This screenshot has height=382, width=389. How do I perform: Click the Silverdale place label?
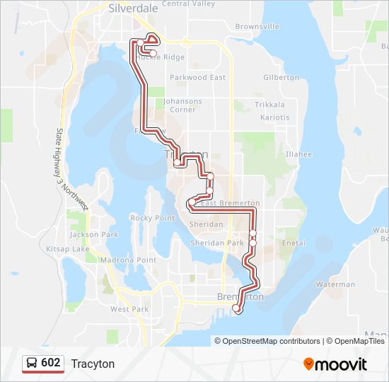pos(134,9)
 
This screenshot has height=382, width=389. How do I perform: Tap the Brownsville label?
pos(257,26)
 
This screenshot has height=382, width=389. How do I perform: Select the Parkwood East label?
pos(198,77)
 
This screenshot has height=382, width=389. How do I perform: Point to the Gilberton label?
pos(281,77)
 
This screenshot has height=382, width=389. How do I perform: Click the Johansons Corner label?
pos(182,105)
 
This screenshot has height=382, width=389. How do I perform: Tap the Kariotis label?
pos(274,117)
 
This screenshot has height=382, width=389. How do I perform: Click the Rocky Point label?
pos(153,218)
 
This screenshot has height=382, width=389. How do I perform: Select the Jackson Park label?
pos(94,234)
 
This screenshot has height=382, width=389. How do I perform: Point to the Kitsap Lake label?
pos(68,249)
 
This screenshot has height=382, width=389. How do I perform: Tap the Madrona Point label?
pos(128,260)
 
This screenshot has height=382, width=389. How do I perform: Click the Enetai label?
pos(294,243)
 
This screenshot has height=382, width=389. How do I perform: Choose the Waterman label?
pos(335,284)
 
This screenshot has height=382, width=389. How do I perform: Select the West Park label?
pos(129,309)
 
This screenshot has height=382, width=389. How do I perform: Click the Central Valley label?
pos(188,4)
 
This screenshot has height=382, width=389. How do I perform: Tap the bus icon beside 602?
pos(32,363)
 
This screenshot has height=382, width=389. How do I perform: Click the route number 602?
pos(51,363)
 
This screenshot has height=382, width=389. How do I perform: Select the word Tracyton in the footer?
pos(93,364)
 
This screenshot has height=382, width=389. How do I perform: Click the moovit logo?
pos(335,364)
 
